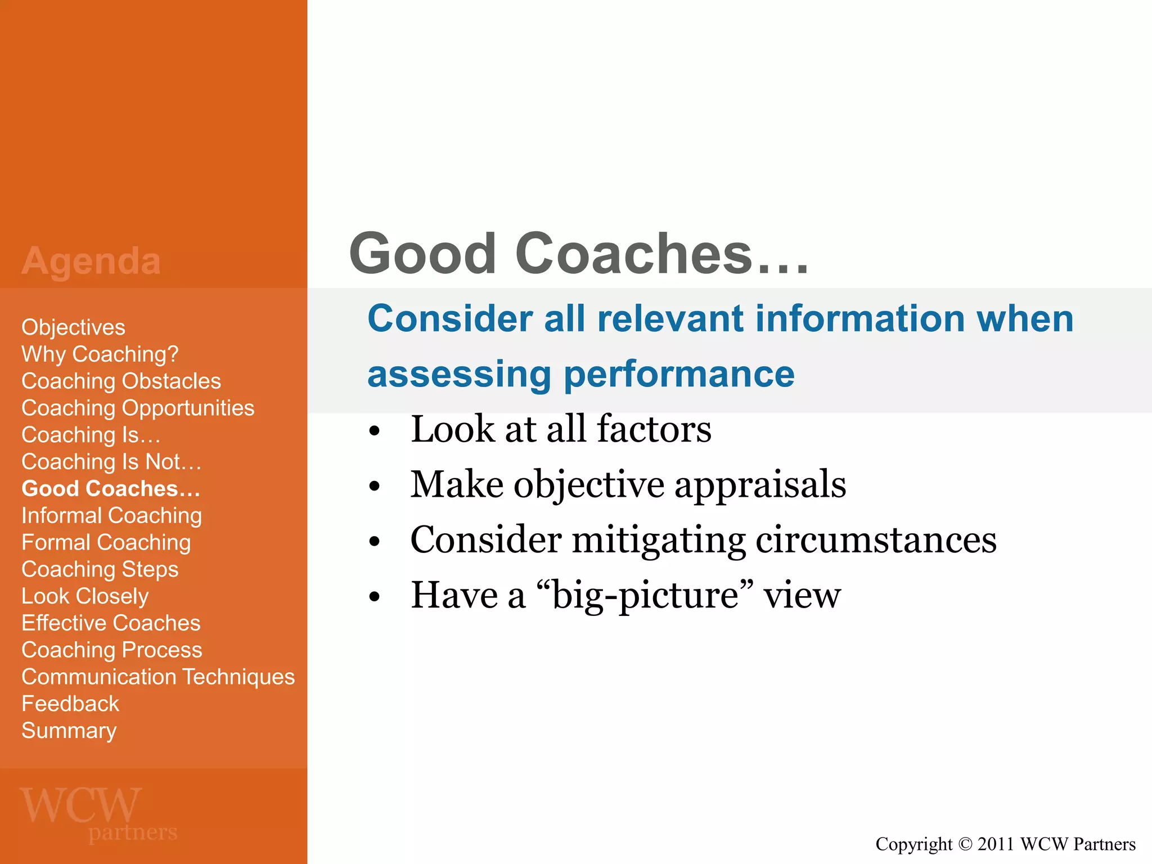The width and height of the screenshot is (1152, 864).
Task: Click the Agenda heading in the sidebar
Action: (91, 262)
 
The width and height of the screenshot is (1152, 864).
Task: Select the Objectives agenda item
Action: (73, 327)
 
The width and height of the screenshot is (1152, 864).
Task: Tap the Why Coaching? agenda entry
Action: (100, 354)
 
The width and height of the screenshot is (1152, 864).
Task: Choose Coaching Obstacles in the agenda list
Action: (121, 381)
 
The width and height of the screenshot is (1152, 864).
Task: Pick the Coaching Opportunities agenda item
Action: (138, 408)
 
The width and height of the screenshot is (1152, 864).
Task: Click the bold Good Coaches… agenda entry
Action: (111, 489)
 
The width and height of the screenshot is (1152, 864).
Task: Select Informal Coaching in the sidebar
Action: (111, 516)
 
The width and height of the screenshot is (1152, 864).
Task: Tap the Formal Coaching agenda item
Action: (106, 543)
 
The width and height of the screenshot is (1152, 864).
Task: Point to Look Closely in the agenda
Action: (85, 596)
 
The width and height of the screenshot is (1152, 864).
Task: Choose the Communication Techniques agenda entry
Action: (158, 677)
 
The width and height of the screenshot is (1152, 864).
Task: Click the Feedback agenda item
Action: (70, 704)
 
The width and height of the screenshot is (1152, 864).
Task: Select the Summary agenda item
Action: (69, 731)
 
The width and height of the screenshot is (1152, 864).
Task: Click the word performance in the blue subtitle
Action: (679, 375)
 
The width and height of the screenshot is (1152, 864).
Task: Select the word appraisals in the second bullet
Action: (760, 484)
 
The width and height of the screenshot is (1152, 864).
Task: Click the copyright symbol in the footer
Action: (965, 844)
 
